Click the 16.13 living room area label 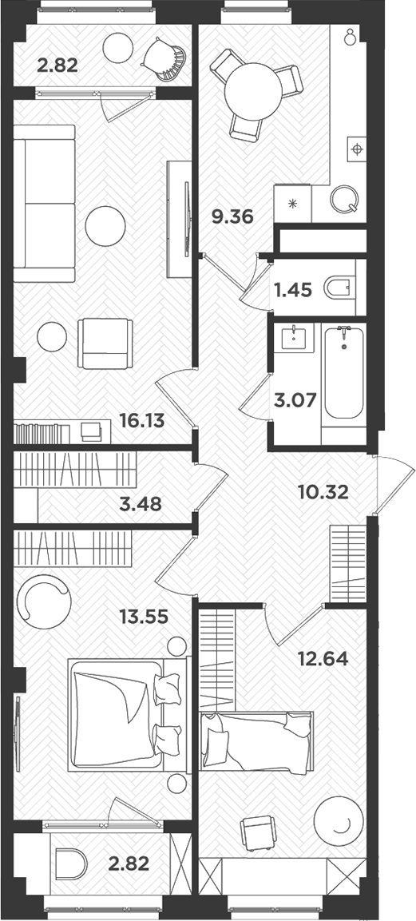point(141,422)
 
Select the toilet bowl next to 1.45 point(340,288)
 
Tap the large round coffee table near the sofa point(105,226)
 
